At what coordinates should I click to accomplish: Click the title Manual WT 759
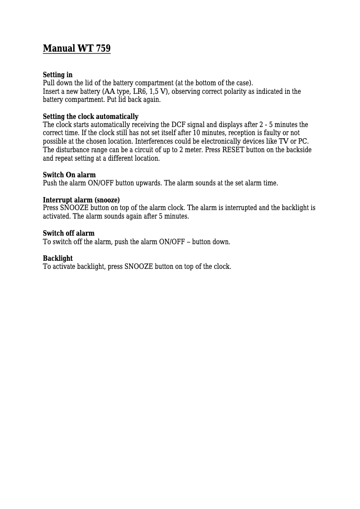[x=76, y=48]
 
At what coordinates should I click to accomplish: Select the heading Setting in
[x=57, y=75]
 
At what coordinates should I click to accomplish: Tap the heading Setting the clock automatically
[x=91, y=117]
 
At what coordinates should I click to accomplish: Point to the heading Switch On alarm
[x=69, y=175]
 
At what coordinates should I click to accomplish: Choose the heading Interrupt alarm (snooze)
[x=81, y=200]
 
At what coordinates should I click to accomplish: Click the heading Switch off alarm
[x=69, y=233]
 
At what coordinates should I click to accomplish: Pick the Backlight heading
[x=57, y=258]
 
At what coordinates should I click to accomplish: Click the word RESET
[x=233, y=150]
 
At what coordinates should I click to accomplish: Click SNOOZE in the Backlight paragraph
[x=139, y=267]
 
